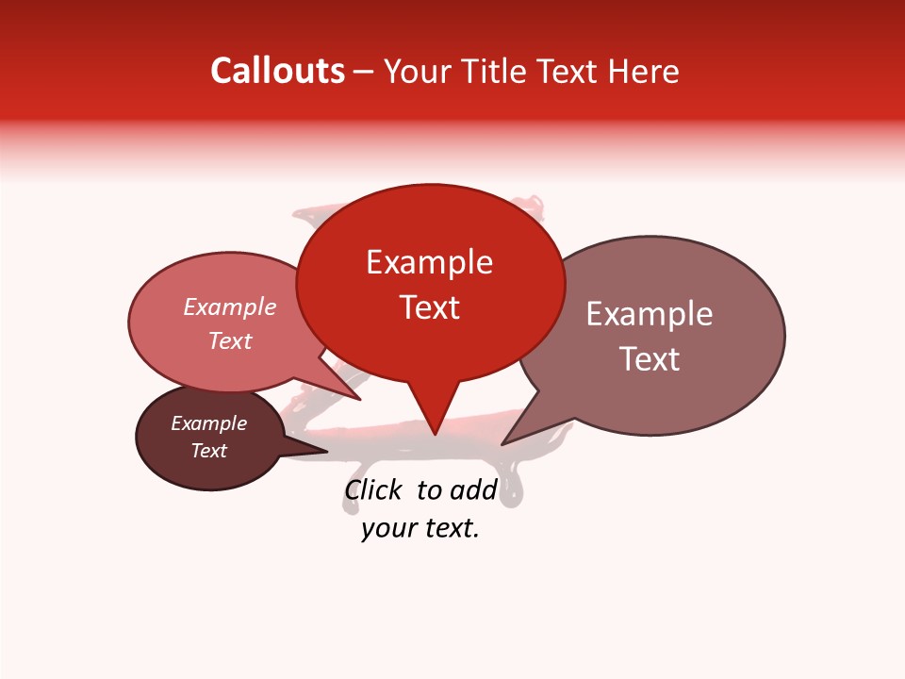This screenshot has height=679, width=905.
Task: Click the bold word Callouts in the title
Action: pyautogui.click(x=277, y=71)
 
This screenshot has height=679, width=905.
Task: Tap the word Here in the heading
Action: pyautogui.click(x=646, y=71)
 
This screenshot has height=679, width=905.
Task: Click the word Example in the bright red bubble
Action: pyautogui.click(x=429, y=262)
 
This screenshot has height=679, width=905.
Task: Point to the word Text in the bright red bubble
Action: pyautogui.click(x=429, y=307)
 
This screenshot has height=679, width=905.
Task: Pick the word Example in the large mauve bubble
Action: pyautogui.click(x=650, y=314)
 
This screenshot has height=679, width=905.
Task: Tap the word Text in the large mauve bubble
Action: pyautogui.click(x=650, y=359)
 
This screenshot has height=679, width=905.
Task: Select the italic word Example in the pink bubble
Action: pyautogui.click(x=230, y=306)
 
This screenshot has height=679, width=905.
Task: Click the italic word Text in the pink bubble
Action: pyautogui.click(x=230, y=340)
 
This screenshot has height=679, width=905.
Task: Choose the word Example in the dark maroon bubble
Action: pyautogui.click(x=209, y=423)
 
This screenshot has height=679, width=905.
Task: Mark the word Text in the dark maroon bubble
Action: pyautogui.click(x=209, y=451)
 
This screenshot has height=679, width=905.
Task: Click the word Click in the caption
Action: pyautogui.click(x=372, y=489)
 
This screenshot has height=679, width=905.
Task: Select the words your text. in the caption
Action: pyautogui.click(x=420, y=529)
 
